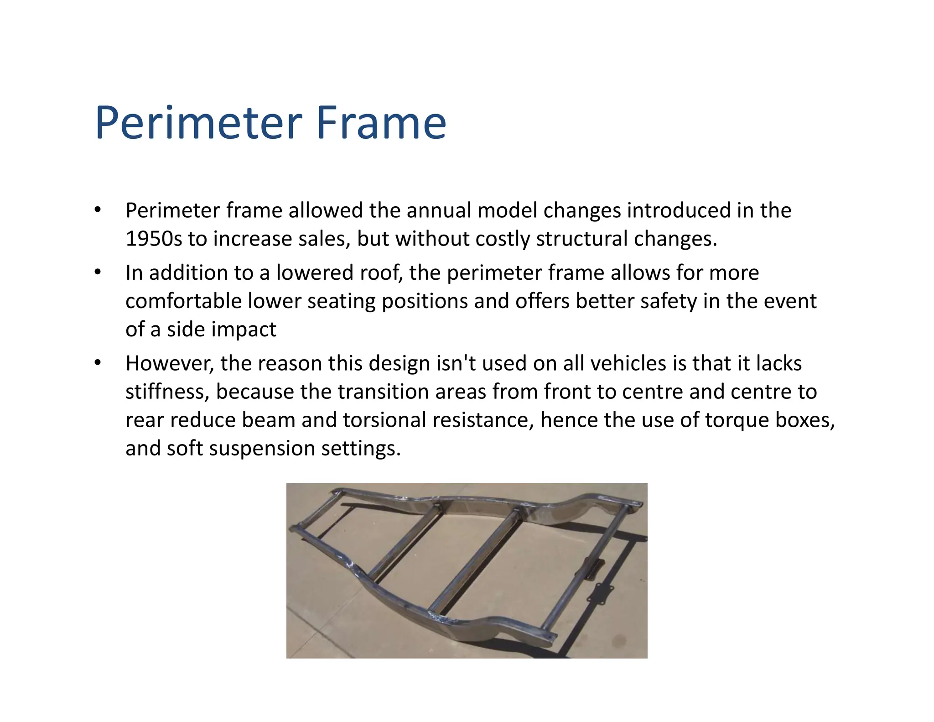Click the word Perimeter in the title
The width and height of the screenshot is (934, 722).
coord(198,123)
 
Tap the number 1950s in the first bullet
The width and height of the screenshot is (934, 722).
coord(153,239)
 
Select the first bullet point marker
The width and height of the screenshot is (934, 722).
coord(97,210)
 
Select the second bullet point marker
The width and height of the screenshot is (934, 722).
coord(97,272)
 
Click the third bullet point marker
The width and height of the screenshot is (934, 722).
coord(97,363)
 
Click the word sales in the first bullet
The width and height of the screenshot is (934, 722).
coord(324,239)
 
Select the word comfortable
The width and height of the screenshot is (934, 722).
coord(183,301)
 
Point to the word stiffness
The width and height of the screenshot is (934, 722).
coord(167,392)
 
